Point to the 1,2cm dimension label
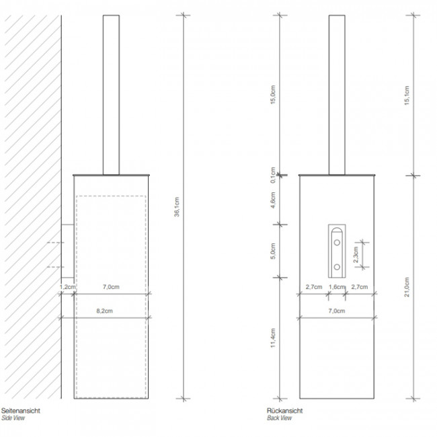click(68, 287)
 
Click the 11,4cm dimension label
click(273, 338)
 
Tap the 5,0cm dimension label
click(273, 251)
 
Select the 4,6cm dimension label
click(273, 200)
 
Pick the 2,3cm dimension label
click(354, 254)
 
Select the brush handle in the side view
click(112, 94)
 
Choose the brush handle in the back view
click(337, 94)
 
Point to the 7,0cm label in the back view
click(337, 311)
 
